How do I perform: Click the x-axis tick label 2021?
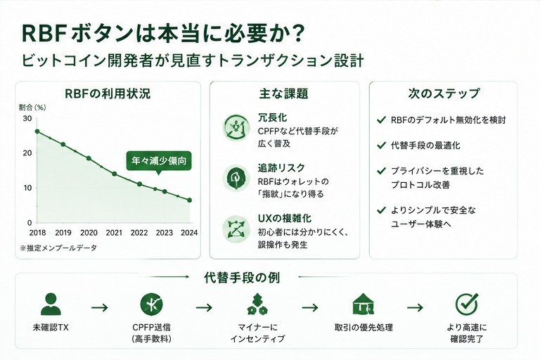pyautogui.click(x=114, y=233)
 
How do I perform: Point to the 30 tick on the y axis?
pyautogui.click(x=27, y=119)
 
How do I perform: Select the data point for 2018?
pyautogui.click(x=37, y=131)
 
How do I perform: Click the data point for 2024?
pyautogui.click(x=189, y=200)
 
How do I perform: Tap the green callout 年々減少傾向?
pyautogui.click(x=159, y=161)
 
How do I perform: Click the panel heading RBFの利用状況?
pyautogui.click(x=108, y=94)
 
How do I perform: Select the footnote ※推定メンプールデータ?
pyautogui.click(x=58, y=247)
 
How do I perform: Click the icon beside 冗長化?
pyautogui.click(x=236, y=127)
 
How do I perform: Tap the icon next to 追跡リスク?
pyautogui.click(x=236, y=178)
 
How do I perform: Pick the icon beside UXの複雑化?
pyautogui.click(x=236, y=229)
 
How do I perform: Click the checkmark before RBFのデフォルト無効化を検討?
pyautogui.click(x=381, y=120)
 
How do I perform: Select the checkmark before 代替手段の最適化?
pyautogui.click(x=381, y=146)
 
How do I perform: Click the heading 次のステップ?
pyautogui.click(x=444, y=94)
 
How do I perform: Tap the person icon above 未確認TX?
pyautogui.click(x=51, y=304)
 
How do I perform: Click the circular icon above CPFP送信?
pyautogui.click(x=152, y=304)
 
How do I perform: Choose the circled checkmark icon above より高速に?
pyautogui.click(x=467, y=304)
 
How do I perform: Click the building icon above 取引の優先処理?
pyautogui.click(x=364, y=304)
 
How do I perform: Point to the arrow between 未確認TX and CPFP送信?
pyautogui.click(x=100, y=307)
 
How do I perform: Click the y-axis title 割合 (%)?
pyautogui.click(x=32, y=108)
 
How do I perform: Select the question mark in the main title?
pyautogui.click(x=297, y=34)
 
